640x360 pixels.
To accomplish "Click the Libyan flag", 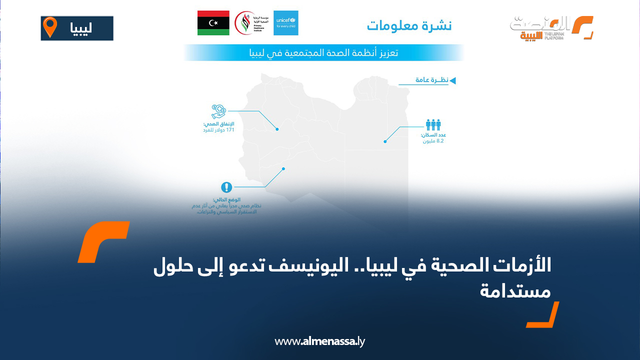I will (213, 23).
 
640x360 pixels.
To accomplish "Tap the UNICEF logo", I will (286, 23).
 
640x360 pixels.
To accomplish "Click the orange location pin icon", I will (50, 27).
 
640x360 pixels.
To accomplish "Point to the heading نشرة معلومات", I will (409, 25).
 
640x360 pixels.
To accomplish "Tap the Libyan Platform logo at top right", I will (551, 28).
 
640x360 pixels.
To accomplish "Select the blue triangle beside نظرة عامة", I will (452, 80).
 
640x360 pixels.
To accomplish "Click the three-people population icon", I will (433, 124).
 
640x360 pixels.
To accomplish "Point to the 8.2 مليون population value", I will (433, 141).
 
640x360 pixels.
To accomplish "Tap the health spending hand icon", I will (219, 111).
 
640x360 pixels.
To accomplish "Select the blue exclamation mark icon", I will (227, 187).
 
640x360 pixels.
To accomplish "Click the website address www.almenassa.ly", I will (320, 341).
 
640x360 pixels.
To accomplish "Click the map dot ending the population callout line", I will (385, 141).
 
